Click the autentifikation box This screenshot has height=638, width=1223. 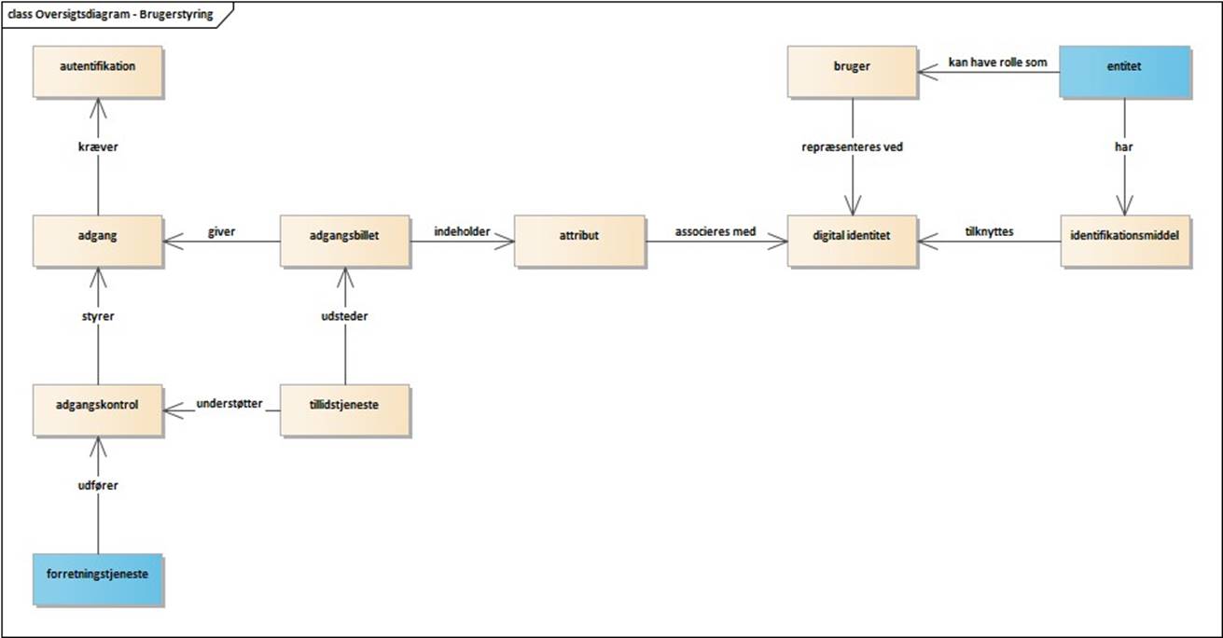97,71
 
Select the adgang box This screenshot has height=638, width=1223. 97,241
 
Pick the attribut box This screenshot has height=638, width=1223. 579,241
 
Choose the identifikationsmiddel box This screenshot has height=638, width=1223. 1125,241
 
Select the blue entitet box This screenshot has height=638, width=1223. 1125,71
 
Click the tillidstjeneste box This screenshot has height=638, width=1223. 345,409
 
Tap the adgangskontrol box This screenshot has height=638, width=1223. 97,409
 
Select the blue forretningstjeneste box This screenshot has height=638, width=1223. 97,578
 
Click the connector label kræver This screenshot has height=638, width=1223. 97,147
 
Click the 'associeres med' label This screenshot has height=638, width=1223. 716,231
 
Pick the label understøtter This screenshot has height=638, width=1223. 229,403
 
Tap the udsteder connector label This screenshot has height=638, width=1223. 345,316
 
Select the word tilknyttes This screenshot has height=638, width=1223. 990,231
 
